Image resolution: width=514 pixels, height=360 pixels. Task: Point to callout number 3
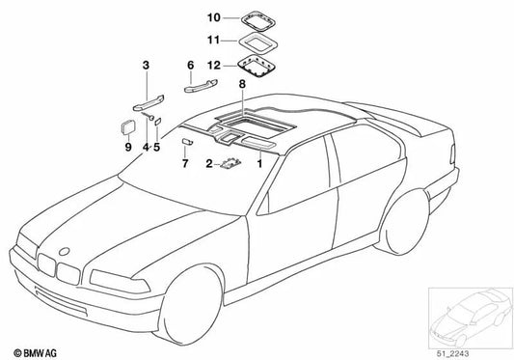point(146,66)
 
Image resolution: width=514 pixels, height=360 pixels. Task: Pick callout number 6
point(190,66)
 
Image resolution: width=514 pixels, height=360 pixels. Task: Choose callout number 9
point(127,148)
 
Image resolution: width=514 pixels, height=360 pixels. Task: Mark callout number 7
point(184,164)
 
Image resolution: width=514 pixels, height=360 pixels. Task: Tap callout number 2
point(207,165)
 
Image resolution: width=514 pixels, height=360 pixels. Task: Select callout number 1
point(258,165)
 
